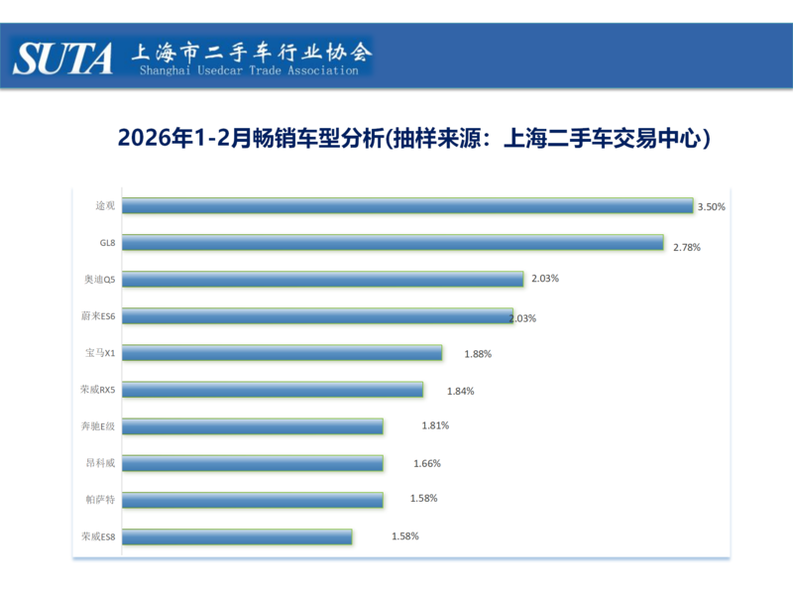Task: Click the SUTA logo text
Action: pos(63,58)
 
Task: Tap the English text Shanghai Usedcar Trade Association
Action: pos(249,71)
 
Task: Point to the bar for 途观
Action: pos(409,206)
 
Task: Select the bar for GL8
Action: pos(395,243)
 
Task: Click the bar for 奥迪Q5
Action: pos(324,280)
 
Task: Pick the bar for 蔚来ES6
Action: pos(319,316)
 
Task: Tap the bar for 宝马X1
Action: pos(283,352)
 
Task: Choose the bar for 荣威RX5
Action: pos(275,390)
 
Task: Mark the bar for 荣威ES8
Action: pos(239,536)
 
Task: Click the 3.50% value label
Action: pos(712,207)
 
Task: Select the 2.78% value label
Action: pos(686,246)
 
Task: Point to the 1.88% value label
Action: pos(478,353)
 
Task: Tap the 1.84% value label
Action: pos(460,391)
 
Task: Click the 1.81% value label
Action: pos(435,425)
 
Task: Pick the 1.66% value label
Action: pos(426,463)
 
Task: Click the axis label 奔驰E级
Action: pos(99,425)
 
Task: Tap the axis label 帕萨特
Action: pos(100,499)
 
